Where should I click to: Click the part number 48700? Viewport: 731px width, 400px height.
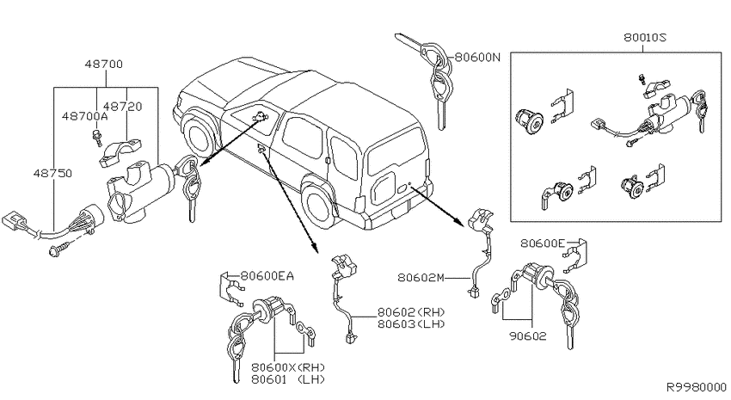103,64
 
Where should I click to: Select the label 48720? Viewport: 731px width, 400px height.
123,107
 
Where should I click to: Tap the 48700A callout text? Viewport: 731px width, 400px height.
84,116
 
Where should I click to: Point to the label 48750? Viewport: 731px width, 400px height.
52,174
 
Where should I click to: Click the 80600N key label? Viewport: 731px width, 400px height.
477,57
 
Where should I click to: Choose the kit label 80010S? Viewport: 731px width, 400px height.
645,37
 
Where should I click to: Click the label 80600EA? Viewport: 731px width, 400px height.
267,276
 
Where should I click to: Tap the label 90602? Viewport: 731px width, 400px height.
527,335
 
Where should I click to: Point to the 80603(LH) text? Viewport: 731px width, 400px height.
411,323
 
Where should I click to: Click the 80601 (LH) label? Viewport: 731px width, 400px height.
287,379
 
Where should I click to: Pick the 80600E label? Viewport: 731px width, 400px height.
543,243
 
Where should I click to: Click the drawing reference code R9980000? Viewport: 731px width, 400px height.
696,387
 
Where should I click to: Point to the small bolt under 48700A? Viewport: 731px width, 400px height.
97,138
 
